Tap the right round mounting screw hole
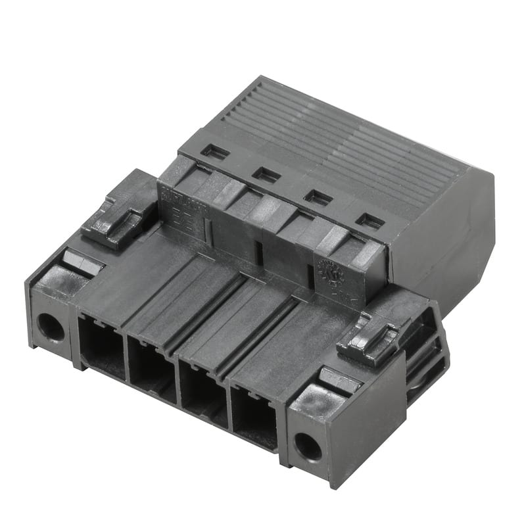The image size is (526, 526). click(307, 447)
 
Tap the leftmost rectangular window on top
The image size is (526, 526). click(215, 153)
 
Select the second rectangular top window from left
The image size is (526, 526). click(266, 174)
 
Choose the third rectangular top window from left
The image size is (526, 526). click(318, 197)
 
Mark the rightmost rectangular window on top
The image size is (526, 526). click(370, 221)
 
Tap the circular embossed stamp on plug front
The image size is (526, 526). click(327, 272)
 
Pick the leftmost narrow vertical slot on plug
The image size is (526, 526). click(209, 228)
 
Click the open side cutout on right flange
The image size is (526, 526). click(424, 355)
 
